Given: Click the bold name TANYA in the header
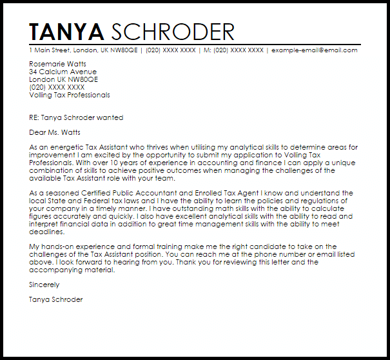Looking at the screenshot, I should pos(67,32).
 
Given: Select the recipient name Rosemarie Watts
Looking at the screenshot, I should pos(58,65).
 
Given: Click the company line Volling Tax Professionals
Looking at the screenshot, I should pos(70,95).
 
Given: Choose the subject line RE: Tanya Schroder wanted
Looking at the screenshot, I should pos(76,118).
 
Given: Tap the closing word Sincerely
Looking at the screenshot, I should pos(43,285).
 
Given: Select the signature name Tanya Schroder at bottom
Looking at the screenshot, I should pos(56,299).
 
